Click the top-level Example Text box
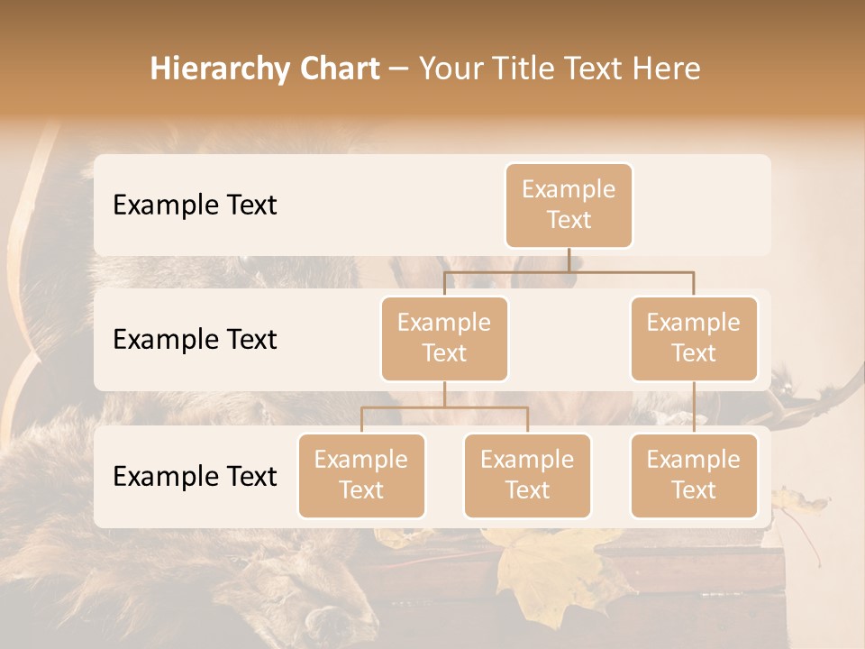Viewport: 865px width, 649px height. pyautogui.click(x=569, y=205)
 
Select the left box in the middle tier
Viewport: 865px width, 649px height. pyautogui.click(x=444, y=338)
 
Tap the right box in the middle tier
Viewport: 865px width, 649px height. pyautogui.click(x=694, y=338)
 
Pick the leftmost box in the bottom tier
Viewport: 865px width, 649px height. pyautogui.click(x=361, y=475)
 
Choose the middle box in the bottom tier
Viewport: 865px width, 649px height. pyautogui.click(x=527, y=475)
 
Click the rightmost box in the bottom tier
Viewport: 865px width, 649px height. pyautogui.click(x=694, y=475)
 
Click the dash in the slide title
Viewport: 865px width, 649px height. pyautogui.click(x=399, y=69)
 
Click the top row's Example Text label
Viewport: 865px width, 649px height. pyautogui.click(x=195, y=206)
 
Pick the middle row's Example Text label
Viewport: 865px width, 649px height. pyautogui.click(x=195, y=340)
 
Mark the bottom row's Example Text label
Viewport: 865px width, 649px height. pyautogui.click(x=195, y=477)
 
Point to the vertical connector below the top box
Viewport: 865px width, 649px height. pyautogui.click(x=569, y=260)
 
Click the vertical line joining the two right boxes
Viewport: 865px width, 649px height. pyautogui.click(x=694, y=407)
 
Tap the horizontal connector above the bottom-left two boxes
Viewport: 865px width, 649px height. pyautogui.click(x=444, y=407)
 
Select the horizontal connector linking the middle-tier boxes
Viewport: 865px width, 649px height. pyautogui.click(x=569, y=271)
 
